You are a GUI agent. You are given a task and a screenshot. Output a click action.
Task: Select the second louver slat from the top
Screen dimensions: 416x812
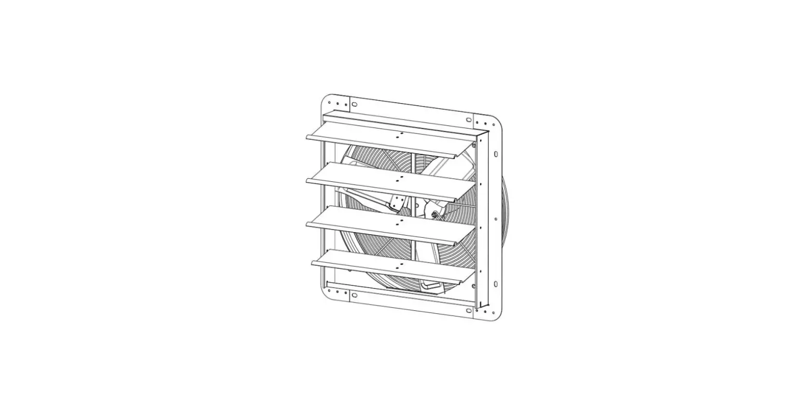(x=383, y=182)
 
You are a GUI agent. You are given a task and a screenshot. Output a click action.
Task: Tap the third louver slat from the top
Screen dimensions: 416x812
(x=383, y=226)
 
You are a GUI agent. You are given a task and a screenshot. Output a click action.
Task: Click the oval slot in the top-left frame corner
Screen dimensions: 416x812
(x=354, y=104)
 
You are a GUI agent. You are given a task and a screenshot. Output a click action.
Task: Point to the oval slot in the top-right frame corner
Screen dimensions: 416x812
(x=469, y=120)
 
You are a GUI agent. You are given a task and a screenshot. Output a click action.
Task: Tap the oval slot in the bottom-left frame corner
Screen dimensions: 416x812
(x=354, y=295)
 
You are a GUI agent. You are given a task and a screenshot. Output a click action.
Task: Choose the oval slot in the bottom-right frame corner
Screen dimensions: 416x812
(x=469, y=311)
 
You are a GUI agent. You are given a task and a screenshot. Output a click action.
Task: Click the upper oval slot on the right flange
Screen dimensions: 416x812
(x=496, y=154)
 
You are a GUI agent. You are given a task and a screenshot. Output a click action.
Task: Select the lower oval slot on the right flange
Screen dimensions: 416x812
(x=496, y=283)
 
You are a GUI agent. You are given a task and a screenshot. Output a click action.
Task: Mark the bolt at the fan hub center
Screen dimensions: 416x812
(x=434, y=213)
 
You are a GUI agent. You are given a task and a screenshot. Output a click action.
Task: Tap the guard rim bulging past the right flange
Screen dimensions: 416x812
(x=506, y=218)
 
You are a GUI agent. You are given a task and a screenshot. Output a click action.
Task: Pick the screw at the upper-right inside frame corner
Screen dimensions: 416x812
(x=474, y=146)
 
